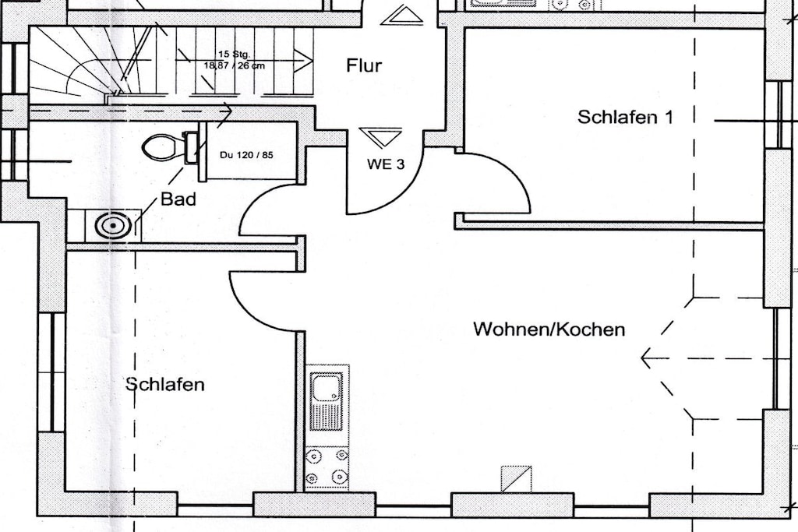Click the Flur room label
click(x=364, y=65)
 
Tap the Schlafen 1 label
click(x=625, y=117)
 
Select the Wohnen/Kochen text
click(x=549, y=329)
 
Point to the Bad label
click(x=178, y=199)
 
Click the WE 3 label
click(x=386, y=164)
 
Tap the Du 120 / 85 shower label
click(x=246, y=155)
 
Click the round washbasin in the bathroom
click(x=112, y=226)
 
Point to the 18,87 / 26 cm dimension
click(x=234, y=65)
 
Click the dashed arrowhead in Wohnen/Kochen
click(x=648, y=358)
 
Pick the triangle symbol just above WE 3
click(x=380, y=136)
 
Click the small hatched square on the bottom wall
click(x=516, y=479)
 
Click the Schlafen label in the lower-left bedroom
click(x=165, y=384)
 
